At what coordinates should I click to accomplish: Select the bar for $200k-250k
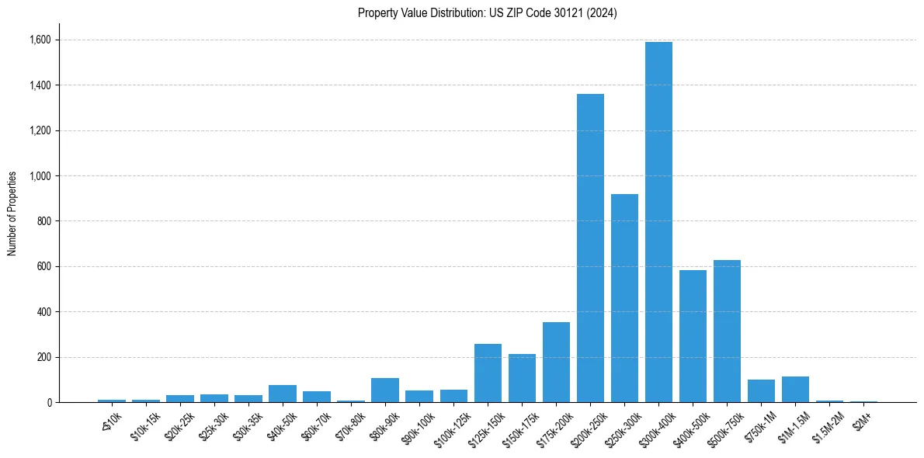coord(590,248)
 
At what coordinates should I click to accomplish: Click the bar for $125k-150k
coord(488,373)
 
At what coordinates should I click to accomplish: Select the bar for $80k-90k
coord(385,390)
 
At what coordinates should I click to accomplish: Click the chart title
coord(488,13)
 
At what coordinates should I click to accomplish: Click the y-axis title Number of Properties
coord(12,213)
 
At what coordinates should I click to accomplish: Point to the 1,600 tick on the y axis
coord(40,40)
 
